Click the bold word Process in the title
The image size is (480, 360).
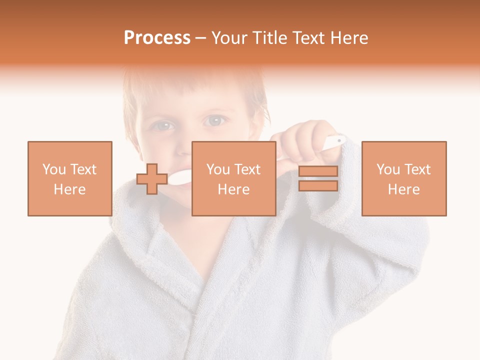(157, 38)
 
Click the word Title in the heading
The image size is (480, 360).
(269, 38)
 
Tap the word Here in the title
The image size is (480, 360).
(349, 38)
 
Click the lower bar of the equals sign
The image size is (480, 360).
(318, 186)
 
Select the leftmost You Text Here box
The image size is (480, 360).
(70, 178)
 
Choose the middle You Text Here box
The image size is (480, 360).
(233, 178)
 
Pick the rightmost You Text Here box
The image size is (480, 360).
(403, 178)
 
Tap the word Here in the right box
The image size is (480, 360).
(403, 189)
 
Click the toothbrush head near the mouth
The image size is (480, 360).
(180, 176)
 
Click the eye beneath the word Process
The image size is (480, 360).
(163, 125)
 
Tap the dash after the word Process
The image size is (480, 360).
(200, 38)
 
